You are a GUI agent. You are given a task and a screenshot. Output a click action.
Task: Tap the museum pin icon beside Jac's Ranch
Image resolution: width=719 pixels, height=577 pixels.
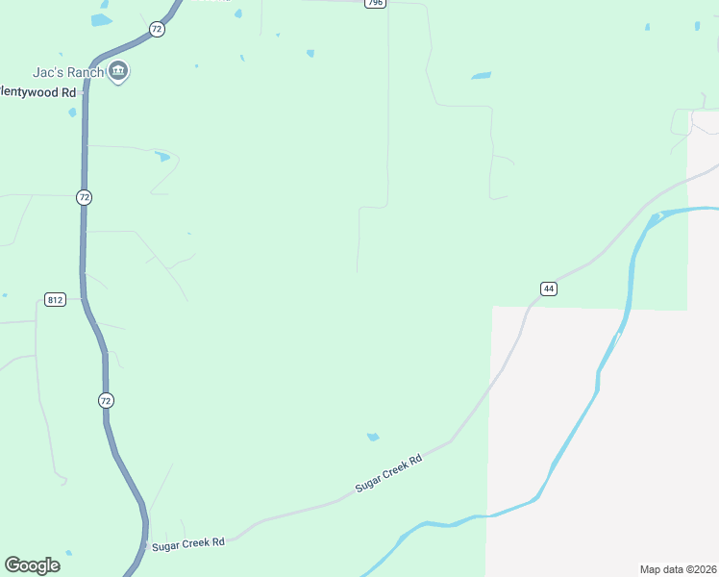[x=119, y=71]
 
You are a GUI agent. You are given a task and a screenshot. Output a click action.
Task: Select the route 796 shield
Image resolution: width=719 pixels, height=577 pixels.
[x=375, y=4]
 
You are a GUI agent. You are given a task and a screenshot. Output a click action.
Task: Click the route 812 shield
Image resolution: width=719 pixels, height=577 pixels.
[x=54, y=300]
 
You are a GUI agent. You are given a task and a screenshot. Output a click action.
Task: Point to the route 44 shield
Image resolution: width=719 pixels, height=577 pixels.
[x=548, y=288]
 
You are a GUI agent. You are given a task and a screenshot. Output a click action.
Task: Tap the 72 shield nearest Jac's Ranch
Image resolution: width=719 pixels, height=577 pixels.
[x=157, y=30]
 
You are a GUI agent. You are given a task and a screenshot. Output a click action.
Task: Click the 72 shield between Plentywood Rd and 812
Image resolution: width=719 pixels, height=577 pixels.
[x=85, y=197]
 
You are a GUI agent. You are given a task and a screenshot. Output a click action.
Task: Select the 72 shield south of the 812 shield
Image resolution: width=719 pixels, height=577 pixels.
[x=106, y=399]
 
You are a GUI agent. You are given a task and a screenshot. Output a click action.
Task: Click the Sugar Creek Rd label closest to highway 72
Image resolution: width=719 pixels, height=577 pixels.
[x=188, y=543]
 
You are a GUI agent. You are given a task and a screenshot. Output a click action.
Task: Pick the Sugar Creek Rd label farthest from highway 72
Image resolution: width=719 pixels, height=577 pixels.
[x=389, y=474]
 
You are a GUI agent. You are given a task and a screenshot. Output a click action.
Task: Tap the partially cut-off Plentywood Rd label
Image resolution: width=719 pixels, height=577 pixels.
[x=37, y=92]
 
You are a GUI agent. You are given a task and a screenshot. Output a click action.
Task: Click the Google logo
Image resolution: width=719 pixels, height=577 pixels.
[x=32, y=564]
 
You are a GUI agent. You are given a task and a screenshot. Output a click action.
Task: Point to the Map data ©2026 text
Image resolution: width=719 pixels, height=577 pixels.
[x=678, y=569]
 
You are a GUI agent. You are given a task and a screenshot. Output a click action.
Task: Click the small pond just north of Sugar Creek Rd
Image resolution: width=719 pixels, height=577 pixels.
[x=373, y=438]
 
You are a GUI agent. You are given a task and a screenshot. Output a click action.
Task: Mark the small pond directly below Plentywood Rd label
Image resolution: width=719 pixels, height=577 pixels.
[x=72, y=113]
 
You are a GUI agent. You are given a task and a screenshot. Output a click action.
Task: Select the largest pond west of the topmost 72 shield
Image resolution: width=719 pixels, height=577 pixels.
[x=101, y=19]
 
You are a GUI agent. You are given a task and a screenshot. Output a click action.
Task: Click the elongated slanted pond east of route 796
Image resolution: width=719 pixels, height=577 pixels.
[x=482, y=75]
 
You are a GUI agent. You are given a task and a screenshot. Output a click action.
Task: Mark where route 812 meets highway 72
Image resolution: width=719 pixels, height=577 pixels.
[x=83, y=299]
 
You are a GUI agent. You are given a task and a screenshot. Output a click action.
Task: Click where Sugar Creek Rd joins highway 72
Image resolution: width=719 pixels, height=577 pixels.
[x=147, y=544]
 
